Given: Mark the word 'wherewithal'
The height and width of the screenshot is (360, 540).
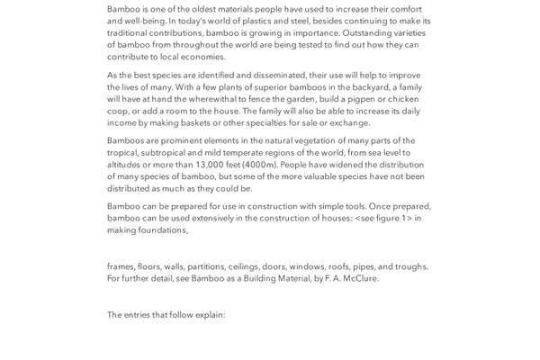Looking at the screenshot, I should [242, 100].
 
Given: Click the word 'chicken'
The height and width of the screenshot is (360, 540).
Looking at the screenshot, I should [403, 100].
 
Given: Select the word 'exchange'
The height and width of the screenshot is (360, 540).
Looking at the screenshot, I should [349, 123].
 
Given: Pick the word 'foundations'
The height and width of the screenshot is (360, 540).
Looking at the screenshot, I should [162, 230].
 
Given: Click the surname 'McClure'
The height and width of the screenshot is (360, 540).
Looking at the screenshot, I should [360, 278].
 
